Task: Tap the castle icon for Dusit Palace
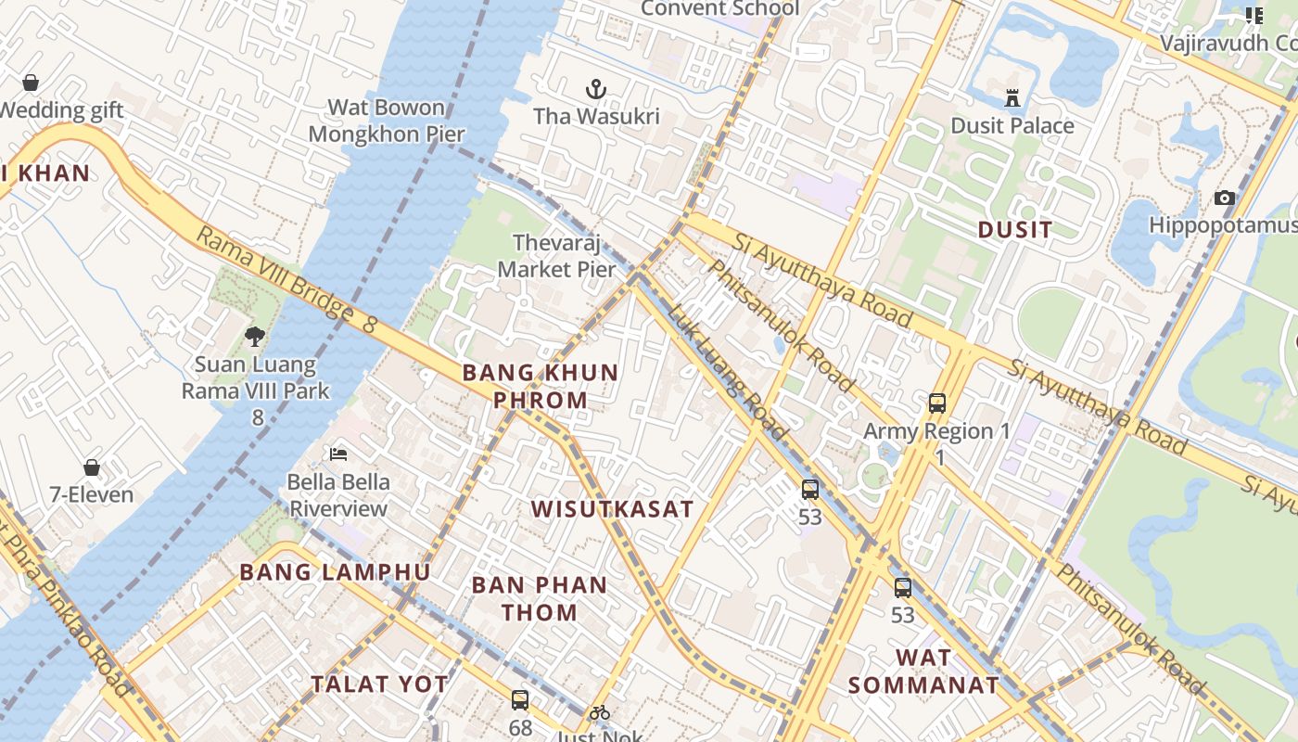click(x=1012, y=97)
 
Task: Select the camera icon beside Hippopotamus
click(x=1225, y=198)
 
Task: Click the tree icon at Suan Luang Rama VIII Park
click(x=255, y=336)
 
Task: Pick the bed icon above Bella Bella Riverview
click(x=338, y=454)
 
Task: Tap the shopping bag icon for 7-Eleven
click(x=91, y=467)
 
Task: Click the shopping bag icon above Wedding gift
click(x=31, y=83)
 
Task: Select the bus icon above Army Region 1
click(x=937, y=403)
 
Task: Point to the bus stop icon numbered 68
click(x=520, y=700)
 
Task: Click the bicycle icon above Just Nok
click(x=600, y=712)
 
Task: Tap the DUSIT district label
click(x=1015, y=229)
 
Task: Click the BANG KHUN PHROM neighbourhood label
click(x=540, y=386)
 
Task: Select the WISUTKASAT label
click(x=612, y=508)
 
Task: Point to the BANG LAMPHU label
click(x=335, y=571)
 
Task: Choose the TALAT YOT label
click(x=379, y=684)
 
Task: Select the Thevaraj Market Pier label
click(x=556, y=256)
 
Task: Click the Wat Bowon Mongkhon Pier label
click(x=387, y=121)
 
